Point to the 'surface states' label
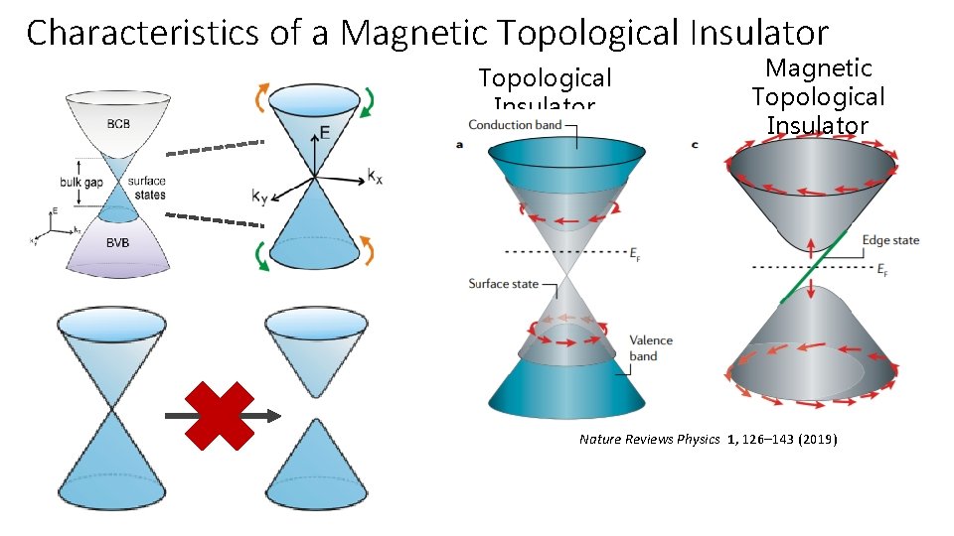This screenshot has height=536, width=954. click(147, 188)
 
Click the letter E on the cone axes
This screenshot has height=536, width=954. click(325, 133)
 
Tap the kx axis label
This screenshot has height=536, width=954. click(375, 176)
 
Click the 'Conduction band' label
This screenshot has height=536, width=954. click(514, 125)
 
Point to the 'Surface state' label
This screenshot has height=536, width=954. click(503, 284)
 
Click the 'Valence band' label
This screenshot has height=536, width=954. click(651, 348)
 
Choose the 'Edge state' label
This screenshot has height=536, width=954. click(890, 240)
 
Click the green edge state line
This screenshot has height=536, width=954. click(814, 266)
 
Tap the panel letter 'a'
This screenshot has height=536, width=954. click(458, 145)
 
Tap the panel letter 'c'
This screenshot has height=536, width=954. click(694, 145)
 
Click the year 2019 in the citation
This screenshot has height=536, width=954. click(816, 439)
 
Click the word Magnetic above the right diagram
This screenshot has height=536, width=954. click(818, 68)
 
